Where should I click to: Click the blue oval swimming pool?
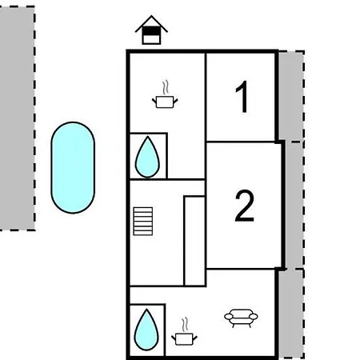pos(73,167)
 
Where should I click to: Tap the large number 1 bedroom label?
pos(242,97)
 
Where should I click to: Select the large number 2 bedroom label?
pos(244,206)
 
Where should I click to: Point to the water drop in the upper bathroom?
pos(147,158)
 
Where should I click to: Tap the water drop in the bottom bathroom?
pos(146,330)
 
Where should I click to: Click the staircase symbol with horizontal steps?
pos(143,222)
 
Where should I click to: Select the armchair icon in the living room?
pos(241,318)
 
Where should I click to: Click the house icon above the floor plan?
pos(151,30)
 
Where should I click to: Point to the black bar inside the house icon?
pos(151,30)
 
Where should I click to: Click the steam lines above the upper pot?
pos(166,87)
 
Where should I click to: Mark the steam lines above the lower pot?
pos(185,325)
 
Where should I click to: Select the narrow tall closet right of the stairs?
pos(195,241)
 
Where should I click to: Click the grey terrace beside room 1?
pos(291,96)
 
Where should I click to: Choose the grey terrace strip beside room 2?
pos(295,206)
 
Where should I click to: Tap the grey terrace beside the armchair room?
pos(291,314)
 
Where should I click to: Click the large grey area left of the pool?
pos(18,118)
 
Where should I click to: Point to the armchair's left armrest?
pos(229,317)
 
